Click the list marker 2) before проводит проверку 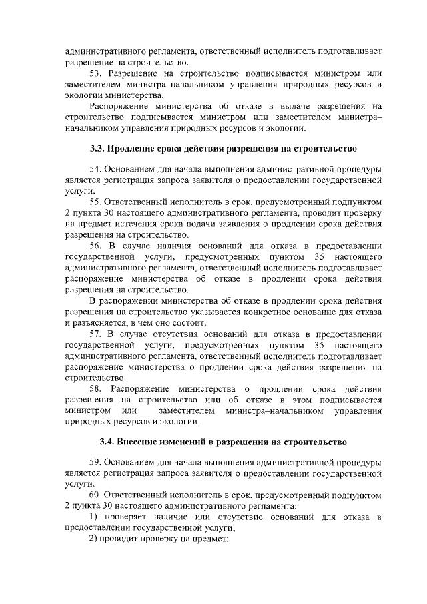tap(94, 539)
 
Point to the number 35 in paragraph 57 tap(320, 345)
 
